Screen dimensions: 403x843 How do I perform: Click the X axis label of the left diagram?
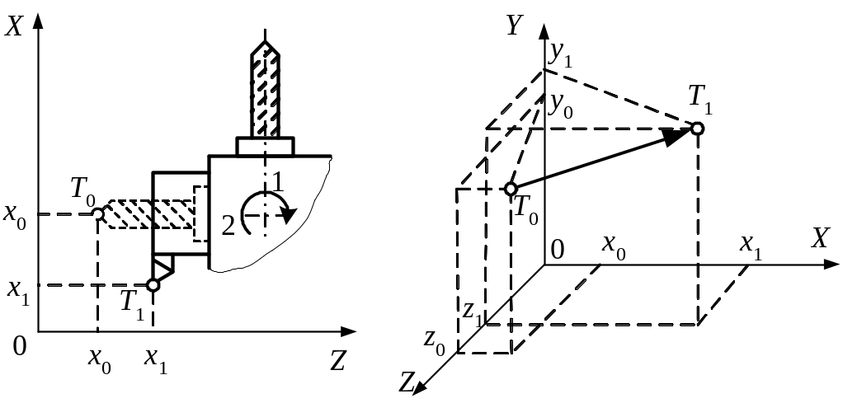tap(12, 26)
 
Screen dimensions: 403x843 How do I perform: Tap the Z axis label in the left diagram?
tap(337, 361)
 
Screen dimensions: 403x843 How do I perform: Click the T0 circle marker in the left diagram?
tap(97, 215)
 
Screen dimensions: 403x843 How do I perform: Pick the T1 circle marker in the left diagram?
tap(153, 285)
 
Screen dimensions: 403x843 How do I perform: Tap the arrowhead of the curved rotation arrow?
tap(286, 216)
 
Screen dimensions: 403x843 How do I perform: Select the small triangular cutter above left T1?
tap(162, 265)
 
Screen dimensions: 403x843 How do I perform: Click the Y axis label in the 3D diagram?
tap(516, 26)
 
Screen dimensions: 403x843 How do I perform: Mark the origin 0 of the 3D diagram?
tap(558, 250)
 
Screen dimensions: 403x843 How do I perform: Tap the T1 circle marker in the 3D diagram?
tap(698, 128)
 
